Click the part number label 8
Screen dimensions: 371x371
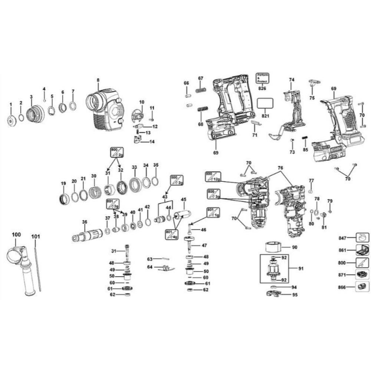(98, 80)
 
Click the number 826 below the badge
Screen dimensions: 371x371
(262, 88)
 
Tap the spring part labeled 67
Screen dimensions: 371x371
(201, 90)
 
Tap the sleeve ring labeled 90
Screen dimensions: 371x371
(273, 246)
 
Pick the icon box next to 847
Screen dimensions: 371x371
(362, 237)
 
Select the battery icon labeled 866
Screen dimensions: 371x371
(362, 287)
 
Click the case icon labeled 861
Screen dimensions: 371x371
(362, 250)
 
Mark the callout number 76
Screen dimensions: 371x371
(280, 168)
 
